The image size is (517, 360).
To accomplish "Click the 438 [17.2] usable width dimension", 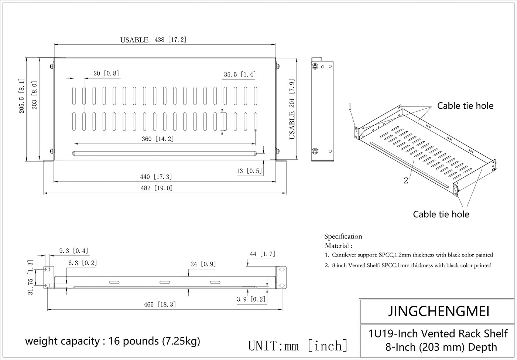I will pyautogui.click(x=170, y=40).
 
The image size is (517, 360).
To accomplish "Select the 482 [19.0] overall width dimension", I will pyautogui.click(x=157, y=188).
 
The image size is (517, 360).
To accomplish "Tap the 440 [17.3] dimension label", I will pyautogui.click(x=156, y=177).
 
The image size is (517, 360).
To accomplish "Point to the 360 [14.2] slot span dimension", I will pyautogui.click(x=158, y=139).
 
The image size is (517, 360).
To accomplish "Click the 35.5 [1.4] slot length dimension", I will pyautogui.click(x=239, y=74).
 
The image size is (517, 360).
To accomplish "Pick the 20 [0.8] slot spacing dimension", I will pyautogui.click(x=106, y=73).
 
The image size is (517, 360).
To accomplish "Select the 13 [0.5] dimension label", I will pyautogui.click(x=249, y=171).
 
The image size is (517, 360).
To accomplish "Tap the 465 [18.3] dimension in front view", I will pyautogui.click(x=160, y=305).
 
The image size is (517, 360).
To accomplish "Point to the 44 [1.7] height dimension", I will pyautogui.click(x=262, y=254).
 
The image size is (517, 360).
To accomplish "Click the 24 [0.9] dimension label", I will pyautogui.click(x=203, y=264).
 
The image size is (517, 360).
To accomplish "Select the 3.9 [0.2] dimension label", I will pyautogui.click(x=251, y=299).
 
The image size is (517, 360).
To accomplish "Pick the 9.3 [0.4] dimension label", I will pyautogui.click(x=73, y=251).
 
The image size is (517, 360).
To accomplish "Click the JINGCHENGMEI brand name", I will pyautogui.click(x=439, y=311).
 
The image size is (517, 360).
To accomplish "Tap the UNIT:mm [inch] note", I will pyautogui.click(x=298, y=346).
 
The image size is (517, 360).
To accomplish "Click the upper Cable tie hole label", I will pyautogui.click(x=465, y=106).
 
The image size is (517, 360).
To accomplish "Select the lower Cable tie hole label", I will pyautogui.click(x=441, y=214).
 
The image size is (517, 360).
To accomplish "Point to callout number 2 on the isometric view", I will pyautogui.click(x=406, y=181).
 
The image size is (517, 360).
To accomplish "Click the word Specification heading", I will pyautogui.click(x=343, y=237).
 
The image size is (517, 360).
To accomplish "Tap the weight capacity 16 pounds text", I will pyautogui.click(x=113, y=341).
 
